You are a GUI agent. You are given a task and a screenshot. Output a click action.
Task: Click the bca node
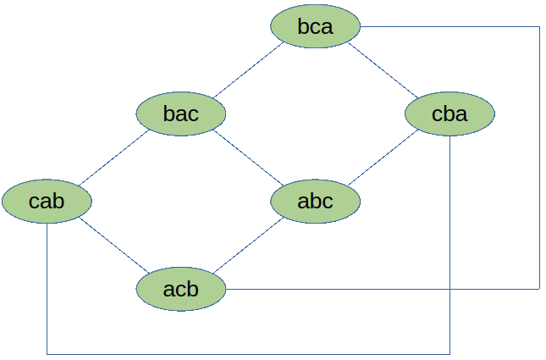316,26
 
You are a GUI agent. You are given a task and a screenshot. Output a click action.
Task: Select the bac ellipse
180,114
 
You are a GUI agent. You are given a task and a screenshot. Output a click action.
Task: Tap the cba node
449,114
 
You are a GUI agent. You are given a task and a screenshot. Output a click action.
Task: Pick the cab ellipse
47,201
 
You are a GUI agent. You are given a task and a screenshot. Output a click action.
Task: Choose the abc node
316,201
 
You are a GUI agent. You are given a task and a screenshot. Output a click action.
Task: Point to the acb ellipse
180,289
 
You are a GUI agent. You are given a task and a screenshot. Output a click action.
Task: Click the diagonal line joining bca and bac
249,69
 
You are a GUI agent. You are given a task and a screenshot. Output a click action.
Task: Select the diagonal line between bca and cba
383,69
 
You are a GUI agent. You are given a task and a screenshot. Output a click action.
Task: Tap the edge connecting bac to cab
114,158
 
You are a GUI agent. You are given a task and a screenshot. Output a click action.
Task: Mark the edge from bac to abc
248,158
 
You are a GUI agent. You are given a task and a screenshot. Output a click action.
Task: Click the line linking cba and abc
383,158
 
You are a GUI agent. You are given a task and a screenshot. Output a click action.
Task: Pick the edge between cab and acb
114,245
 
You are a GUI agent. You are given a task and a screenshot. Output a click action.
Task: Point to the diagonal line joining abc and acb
249,245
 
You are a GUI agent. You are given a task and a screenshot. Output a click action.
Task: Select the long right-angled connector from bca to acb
539,158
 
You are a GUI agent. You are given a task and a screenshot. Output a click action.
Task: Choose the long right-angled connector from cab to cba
248,354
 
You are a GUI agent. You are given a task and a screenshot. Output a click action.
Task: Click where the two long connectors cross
449,289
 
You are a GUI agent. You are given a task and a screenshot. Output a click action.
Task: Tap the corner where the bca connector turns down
539,26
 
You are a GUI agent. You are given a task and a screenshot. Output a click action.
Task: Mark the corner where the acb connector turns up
539,289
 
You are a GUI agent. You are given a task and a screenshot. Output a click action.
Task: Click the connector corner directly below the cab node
47,354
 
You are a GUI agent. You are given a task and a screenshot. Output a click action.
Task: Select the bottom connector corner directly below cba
449,354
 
